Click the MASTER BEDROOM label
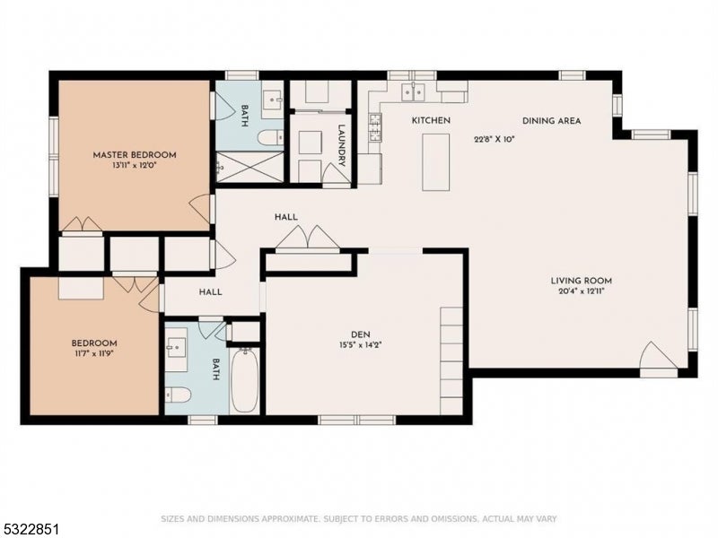135,155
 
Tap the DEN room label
361,334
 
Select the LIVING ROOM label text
581,281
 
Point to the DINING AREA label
552,121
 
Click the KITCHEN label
431,120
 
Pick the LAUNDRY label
342,145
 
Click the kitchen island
436,162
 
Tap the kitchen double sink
413,92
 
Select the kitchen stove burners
375,126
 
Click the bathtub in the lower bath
245,380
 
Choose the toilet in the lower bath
178,395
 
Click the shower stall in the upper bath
250,167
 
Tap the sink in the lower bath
176,347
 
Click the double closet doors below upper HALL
308,238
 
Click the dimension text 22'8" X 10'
495,139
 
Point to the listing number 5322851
30,529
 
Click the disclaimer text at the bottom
359,519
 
